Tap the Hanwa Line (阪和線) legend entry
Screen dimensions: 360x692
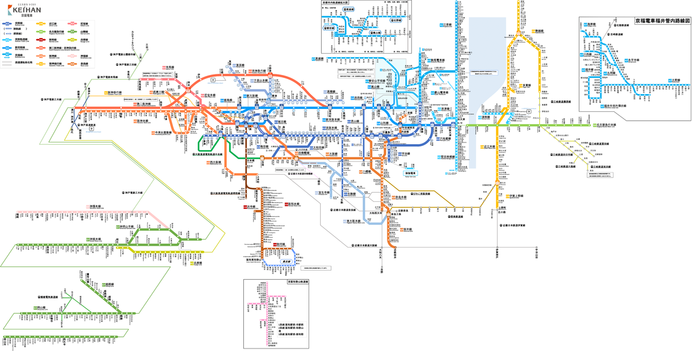[52, 40]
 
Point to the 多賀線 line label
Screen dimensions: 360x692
[526, 84]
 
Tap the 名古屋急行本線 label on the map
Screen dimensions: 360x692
[607, 125]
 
